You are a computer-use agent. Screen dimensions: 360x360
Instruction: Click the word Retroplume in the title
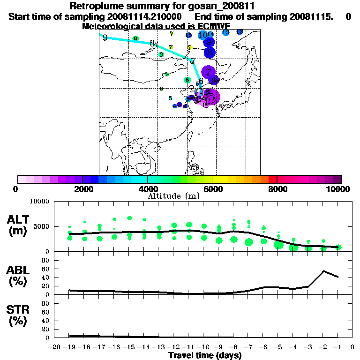(x=91, y=6)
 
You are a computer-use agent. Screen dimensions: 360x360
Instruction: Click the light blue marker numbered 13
(x=225, y=32)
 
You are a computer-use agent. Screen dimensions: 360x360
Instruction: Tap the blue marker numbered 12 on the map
(x=240, y=31)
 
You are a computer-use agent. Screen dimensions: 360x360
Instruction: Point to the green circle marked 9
(x=135, y=39)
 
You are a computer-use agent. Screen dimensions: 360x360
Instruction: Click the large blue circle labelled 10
(x=202, y=35)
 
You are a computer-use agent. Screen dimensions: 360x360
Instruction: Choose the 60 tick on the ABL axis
(x=46, y=269)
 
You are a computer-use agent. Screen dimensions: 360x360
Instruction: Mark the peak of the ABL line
(x=323, y=271)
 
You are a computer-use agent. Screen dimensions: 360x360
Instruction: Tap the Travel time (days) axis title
(x=205, y=356)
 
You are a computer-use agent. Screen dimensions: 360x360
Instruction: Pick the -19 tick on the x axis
(x=70, y=347)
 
